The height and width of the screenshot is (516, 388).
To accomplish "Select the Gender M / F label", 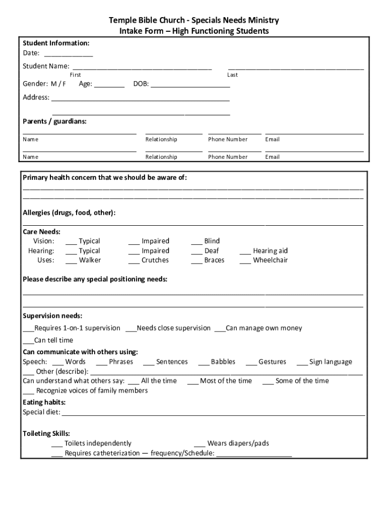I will pyautogui.click(x=44, y=84).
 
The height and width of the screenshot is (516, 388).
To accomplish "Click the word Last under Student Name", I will pyautogui.click(x=232, y=75).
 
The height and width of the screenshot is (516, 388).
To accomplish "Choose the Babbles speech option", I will pyautogui.click(x=204, y=363).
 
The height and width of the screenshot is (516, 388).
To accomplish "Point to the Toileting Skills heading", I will pyautogui.click(x=46, y=433).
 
